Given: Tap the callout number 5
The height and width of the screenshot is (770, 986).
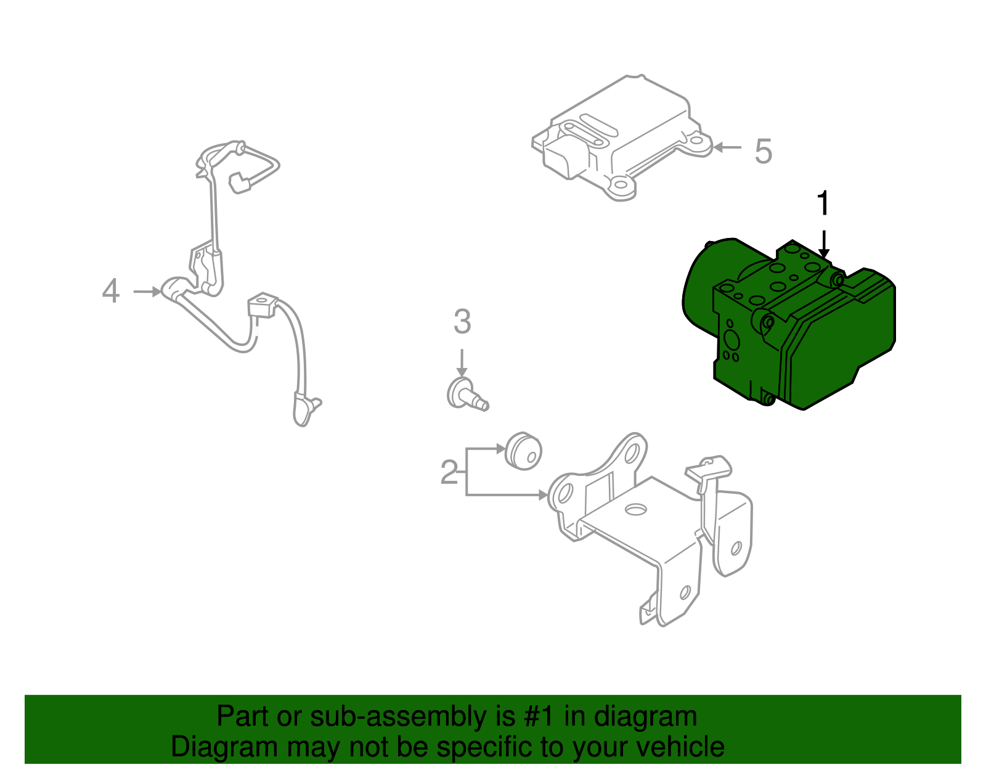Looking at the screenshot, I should coord(763,151).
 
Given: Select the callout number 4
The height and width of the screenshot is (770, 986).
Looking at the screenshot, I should coord(110,291).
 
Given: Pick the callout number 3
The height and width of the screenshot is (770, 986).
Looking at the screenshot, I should coord(462,322).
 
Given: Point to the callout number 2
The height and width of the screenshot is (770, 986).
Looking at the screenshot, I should coord(449,473).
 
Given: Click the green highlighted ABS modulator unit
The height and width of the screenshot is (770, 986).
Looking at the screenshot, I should coord(801,327).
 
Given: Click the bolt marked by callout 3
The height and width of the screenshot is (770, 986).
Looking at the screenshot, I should coord(465,395).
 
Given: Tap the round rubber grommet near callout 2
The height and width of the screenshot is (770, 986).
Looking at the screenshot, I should coord(523,451).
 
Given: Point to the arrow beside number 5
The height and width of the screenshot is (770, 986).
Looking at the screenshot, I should coord(727,148).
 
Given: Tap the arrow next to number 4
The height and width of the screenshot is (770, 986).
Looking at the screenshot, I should coord(148,292).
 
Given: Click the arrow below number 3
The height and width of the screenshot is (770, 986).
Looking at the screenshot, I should coord(462,363).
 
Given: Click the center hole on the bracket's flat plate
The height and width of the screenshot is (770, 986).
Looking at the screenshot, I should coord(635,510).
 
